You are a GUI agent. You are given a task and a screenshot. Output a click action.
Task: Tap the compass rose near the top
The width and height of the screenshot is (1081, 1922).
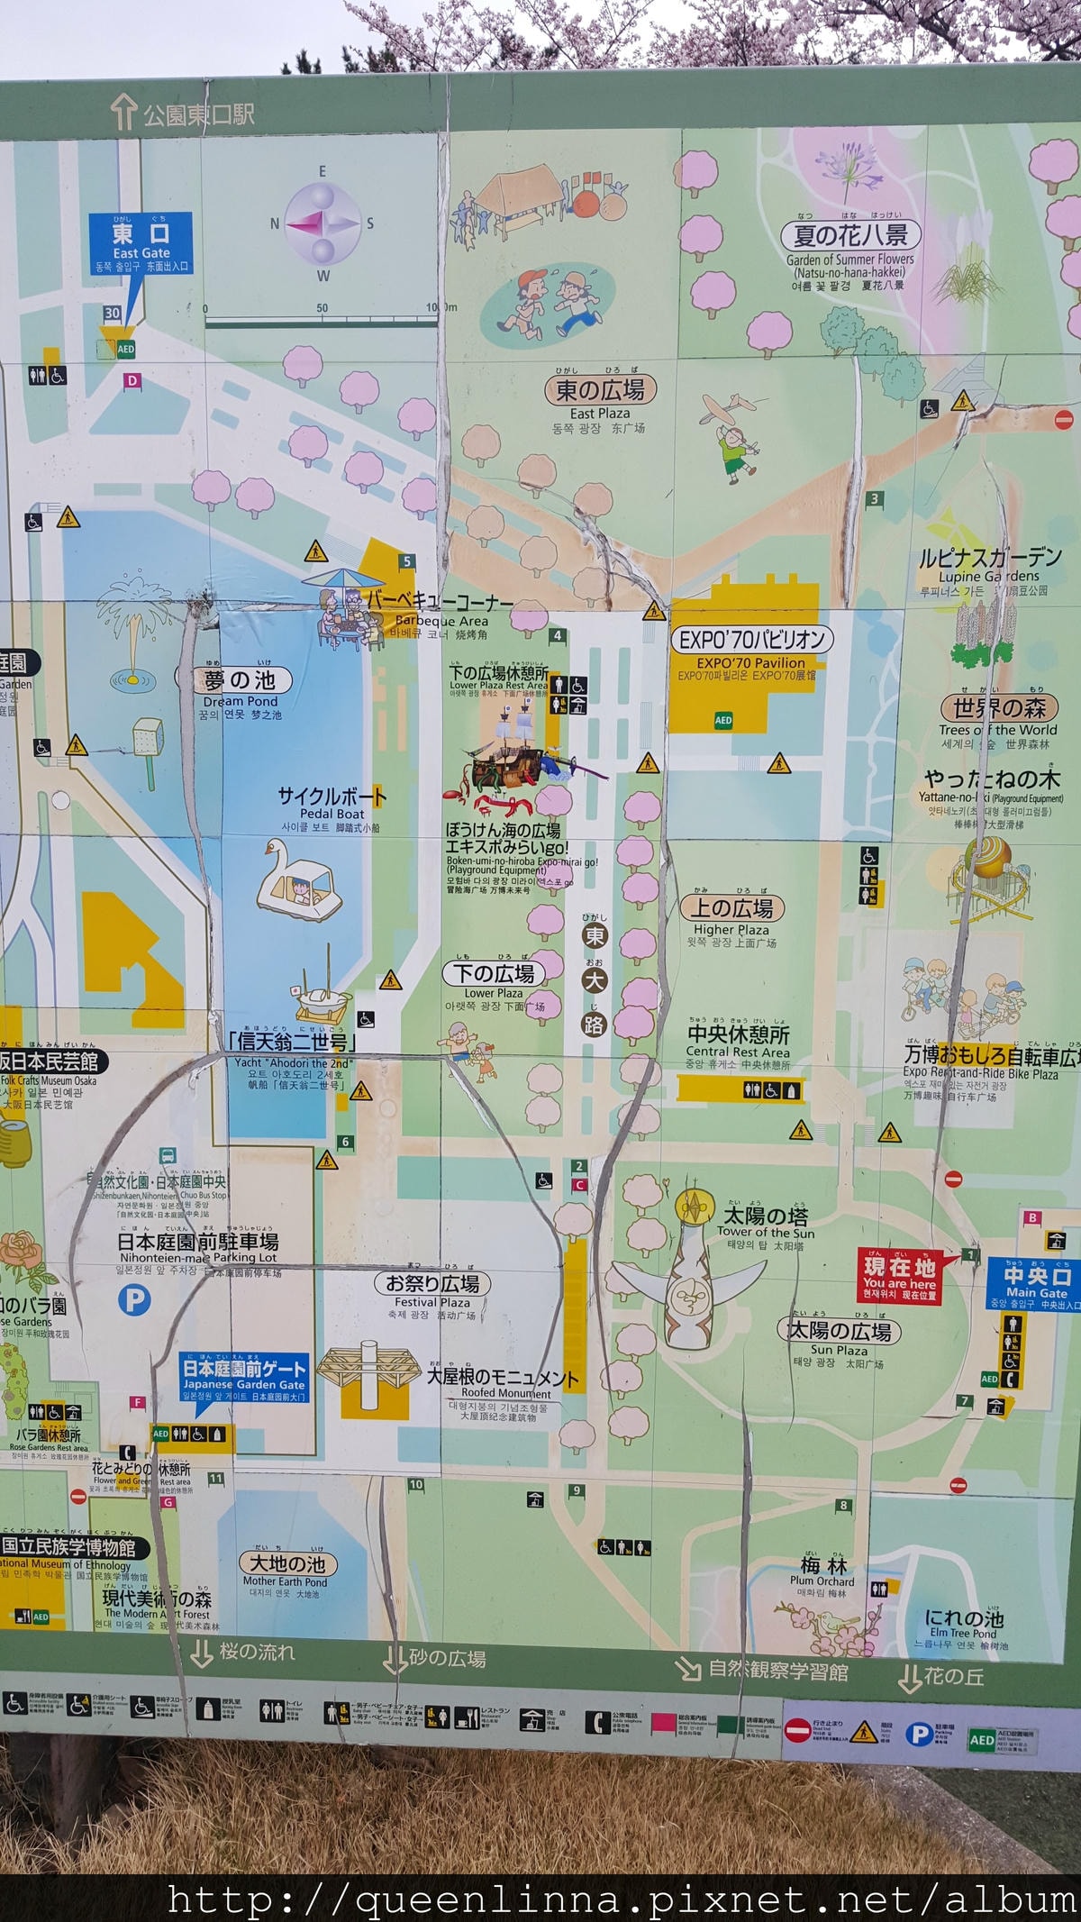[x=322, y=223]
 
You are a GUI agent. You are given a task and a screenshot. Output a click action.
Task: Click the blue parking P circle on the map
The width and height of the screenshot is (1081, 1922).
[x=134, y=1300]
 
